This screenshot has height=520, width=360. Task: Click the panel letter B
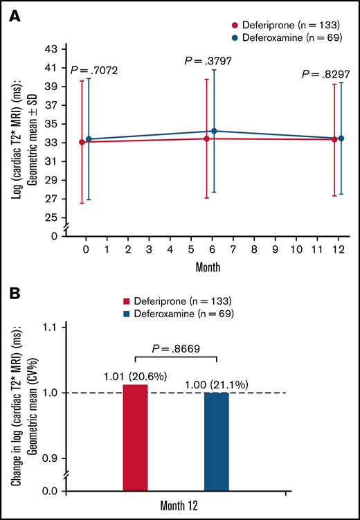[x=14, y=295]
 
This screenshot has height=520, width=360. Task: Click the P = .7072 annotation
[x=94, y=70]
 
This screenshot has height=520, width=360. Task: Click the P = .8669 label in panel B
[x=175, y=350]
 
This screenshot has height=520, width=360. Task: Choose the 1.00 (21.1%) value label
[x=217, y=384]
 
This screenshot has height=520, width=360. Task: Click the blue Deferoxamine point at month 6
[x=214, y=131]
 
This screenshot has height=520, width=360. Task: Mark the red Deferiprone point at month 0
[x=82, y=142]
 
